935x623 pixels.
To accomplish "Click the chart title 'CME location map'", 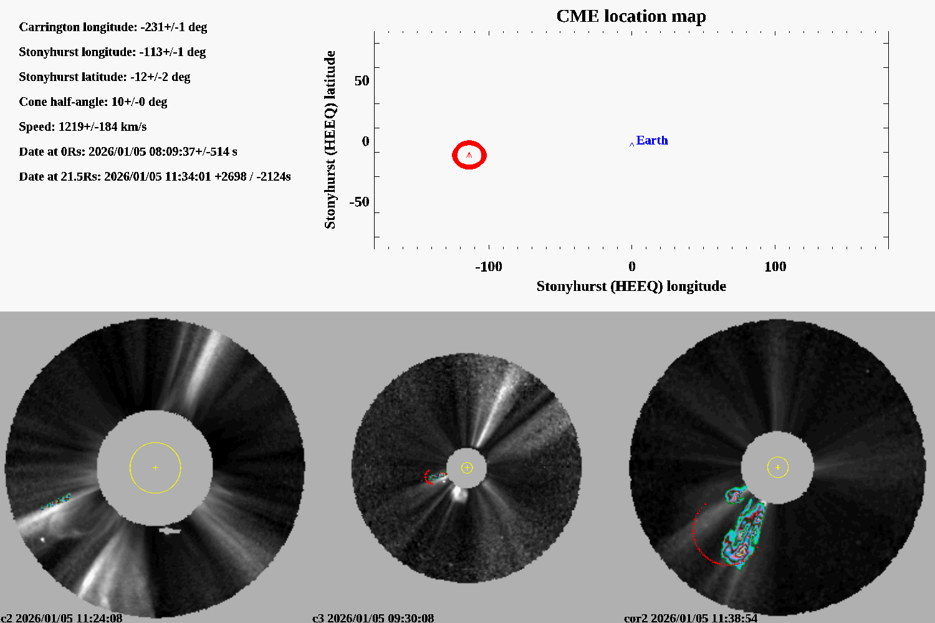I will click(x=631, y=16).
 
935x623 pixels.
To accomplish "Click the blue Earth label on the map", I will click(x=652, y=141).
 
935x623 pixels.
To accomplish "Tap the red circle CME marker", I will click(x=469, y=155).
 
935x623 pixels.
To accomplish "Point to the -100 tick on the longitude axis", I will click(x=489, y=267).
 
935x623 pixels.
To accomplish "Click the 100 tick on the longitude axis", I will click(x=775, y=267).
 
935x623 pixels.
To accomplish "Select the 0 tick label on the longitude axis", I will click(x=631, y=267).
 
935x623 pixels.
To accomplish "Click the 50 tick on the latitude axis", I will click(x=362, y=81).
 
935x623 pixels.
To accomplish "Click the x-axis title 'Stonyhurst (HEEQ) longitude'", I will click(x=631, y=286).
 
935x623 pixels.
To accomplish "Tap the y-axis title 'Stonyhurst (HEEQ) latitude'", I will click(x=330, y=140).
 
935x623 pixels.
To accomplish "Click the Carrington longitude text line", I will click(x=113, y=27).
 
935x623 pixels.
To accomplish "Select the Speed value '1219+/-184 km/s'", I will click(x=102, y=126).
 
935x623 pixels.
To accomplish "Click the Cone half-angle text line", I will click(x=93, y=102).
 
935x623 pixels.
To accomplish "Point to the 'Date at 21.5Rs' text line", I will click(x=155, y=176).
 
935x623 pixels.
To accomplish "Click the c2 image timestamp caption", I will click(x=62, y=617).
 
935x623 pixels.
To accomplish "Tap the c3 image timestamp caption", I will click(x=373, y=617).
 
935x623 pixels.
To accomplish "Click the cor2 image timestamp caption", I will click(x=691, y=617).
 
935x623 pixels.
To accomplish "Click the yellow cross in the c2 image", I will click(x=155, y=467).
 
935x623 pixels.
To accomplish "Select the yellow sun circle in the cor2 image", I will click(x=778, y=467).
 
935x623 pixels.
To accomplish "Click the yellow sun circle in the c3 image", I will click(x=467, y=468).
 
